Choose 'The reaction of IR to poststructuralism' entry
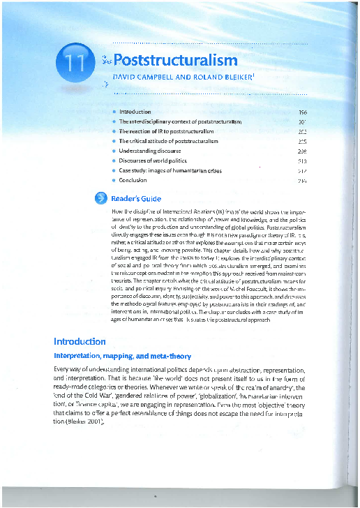click(x=170, y=131)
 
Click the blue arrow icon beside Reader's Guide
click(x=100, y=198)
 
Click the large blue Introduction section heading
click(x=80, y=342)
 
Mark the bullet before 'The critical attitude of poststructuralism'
click(x=114, y=141)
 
